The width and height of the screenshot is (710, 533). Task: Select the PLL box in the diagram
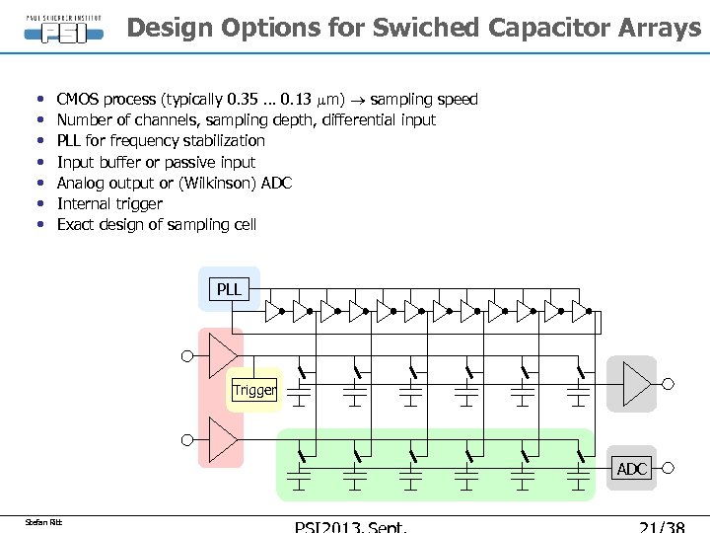229,289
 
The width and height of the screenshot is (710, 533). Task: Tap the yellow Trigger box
254,390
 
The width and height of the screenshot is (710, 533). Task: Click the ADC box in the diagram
632,469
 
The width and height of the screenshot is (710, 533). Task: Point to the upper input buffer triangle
223,355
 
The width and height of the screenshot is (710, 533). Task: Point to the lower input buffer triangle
223,440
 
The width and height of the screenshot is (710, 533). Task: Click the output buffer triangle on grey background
636,383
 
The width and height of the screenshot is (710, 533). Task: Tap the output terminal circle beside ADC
668,469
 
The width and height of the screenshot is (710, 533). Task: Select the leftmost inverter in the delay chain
274,312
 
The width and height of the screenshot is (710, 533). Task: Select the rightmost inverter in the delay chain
581,312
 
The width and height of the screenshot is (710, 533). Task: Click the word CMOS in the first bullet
78,99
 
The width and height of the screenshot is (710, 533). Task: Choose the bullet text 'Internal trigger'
109,203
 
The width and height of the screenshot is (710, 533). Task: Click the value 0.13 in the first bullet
298,99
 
